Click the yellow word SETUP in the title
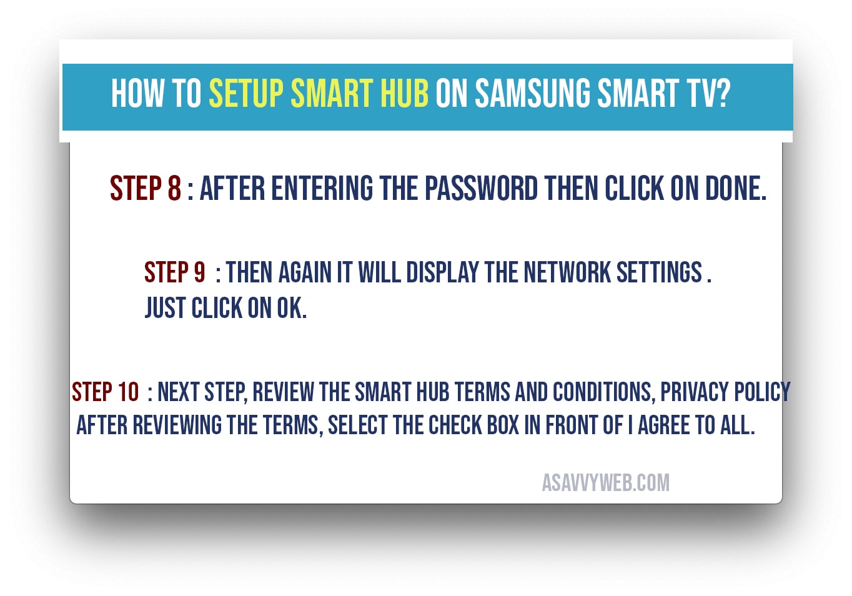pos(246,93)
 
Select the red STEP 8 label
pos(146,188)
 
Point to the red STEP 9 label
pos(174,272)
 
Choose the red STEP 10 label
pos(106,392)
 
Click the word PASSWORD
pos(481,188)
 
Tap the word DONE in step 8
pos(736,188)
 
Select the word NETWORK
pos(567,272)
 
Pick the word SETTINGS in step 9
pos(659,272)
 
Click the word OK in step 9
pos(291,308)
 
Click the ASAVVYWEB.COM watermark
pos(605,483)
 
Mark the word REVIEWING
pos(177,425)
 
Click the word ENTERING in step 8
pos(322,188)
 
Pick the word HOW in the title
pos(137,93)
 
